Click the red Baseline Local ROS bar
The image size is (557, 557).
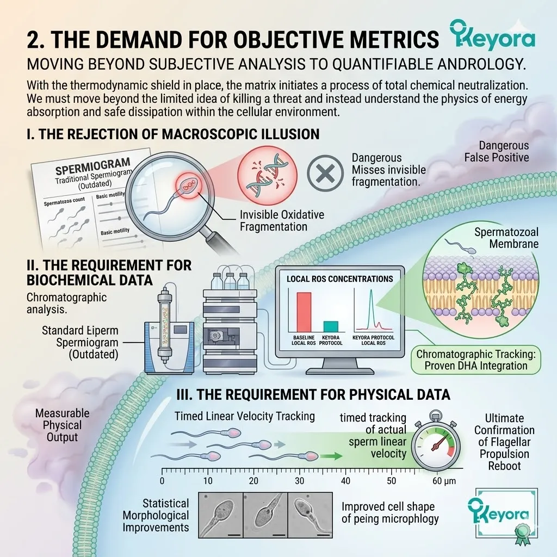[304, 312]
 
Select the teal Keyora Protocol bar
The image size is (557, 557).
[331, 326]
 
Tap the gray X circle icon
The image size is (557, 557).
[325, 173]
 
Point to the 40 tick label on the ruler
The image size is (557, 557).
[345, 481]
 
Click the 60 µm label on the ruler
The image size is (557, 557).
[444, 481]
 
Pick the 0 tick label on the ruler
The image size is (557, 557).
[162, 481]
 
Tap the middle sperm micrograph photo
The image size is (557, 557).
[265, 515]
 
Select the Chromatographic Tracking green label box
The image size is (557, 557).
[475, 360]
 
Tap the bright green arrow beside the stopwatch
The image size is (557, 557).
[331, 456]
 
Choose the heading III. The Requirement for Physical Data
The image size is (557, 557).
[313, 395]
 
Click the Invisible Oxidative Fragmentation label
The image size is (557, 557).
[282, 221]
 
